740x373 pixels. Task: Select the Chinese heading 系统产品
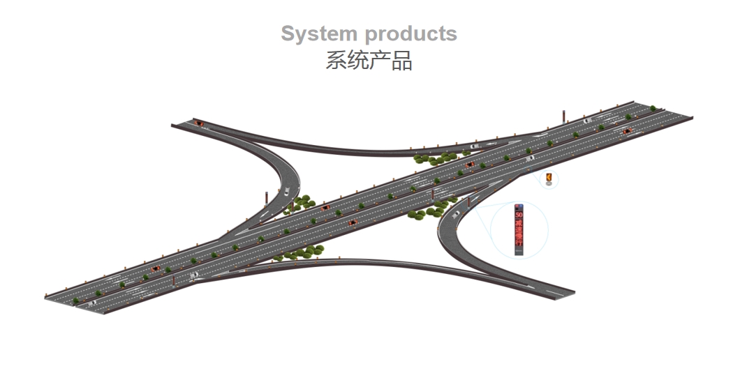click(369, 61)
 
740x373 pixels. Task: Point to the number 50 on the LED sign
click(519, 216)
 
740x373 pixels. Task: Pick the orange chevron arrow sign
click(549, 178)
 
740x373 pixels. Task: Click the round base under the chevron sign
click(549, 185)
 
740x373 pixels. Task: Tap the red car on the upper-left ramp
click(200, 123)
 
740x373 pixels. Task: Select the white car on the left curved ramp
click(286, 192)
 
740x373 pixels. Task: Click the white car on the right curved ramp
click(455, 214)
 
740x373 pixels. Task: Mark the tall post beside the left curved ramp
click(265, 201)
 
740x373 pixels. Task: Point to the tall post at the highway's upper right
click(563, 117)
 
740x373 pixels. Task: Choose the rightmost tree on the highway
click(653, 108)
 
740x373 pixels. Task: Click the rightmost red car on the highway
click(626, 130)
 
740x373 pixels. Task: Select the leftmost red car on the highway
click(155, 269)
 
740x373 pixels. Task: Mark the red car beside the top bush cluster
click(470, 165)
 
